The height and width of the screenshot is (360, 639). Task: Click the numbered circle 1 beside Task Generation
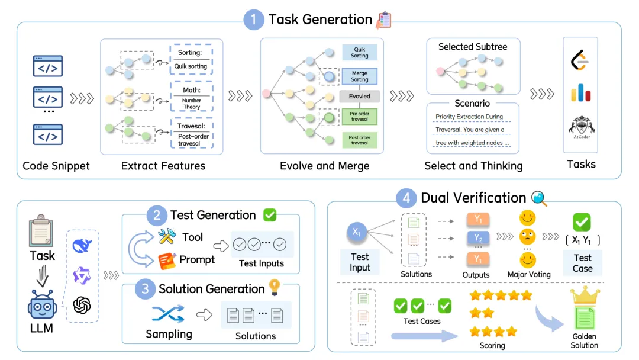[x=254, y=20]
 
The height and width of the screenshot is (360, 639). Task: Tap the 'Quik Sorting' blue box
[x=360, y=52]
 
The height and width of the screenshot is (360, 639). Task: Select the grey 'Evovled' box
[x=360, y=96]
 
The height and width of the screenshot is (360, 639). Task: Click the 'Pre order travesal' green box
[x=360, y=116]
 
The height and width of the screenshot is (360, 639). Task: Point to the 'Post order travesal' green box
[x=360, y=140]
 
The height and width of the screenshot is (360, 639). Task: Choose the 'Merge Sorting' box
[x=360, y=76]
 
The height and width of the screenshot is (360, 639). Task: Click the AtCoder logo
[x=580, y=127]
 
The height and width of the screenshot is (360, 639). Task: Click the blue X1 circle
[x=356, y=233]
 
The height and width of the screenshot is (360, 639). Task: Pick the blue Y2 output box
[x=478, y=238]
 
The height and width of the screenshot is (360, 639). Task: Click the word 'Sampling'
[x=169, y=334]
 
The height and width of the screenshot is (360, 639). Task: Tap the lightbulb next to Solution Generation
[x=274, y=287]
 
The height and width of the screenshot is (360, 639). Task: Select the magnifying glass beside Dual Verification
[x=539, y=198]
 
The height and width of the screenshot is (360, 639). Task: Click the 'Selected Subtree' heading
[x=473, y=46]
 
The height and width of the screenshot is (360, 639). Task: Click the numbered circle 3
[x=145, y=289]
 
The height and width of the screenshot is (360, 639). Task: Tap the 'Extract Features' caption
[x=163, y=166]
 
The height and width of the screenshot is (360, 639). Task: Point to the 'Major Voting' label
[x=529, y=274]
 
